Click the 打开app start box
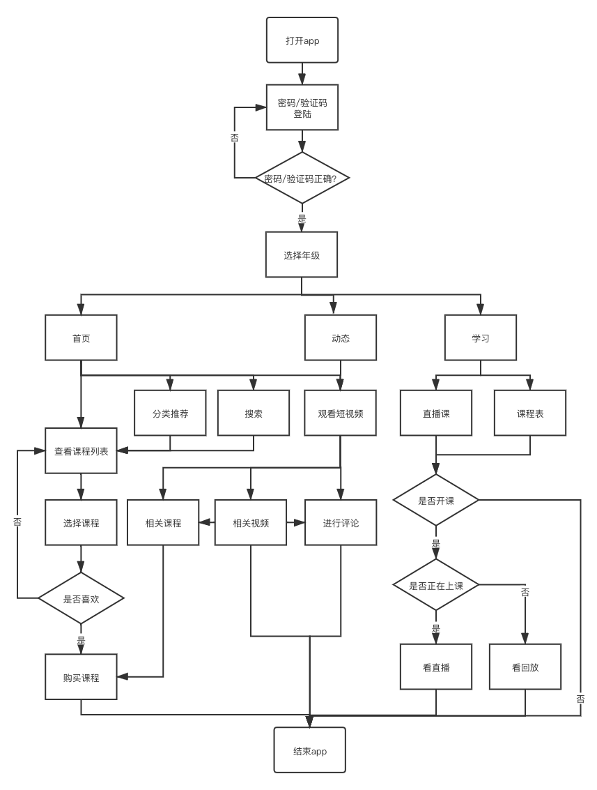point(302,40)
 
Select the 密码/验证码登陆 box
point(302,107)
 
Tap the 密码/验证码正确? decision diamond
point(302,178)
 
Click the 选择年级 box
point(302,255)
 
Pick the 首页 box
point(81,338)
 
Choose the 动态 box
point(341,338)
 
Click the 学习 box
point(481,338)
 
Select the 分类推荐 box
point(170,413)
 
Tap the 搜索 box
point(253,413)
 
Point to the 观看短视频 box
point(341,413)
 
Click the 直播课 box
point(436,413)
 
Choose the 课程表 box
point(530,413)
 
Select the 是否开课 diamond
point(436,501)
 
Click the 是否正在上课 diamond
point(436,586)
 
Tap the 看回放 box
point(525,667)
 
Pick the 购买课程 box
point(81,677)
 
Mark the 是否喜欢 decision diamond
point(81,598)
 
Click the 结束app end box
point(310,750)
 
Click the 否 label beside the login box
point(235,137)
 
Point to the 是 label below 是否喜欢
point(81,639)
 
